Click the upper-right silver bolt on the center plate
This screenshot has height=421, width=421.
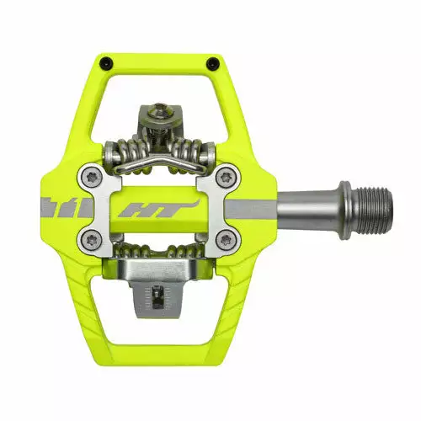coord(225,178)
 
